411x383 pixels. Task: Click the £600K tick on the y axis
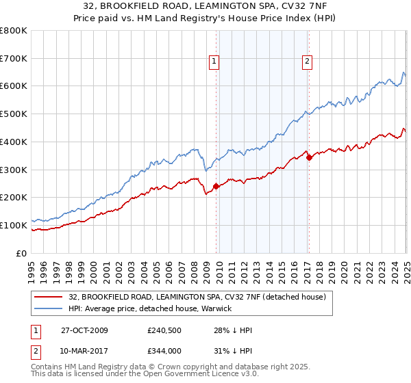coord(14,86)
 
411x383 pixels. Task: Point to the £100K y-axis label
coord(14,225)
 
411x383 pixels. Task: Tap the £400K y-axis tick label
coord(14,142)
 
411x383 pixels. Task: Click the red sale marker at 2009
coord(216,185)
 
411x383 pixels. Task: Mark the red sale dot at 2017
coord(309,157)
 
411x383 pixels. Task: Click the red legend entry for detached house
coord(201,297)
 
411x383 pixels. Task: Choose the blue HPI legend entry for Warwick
coord(150,308)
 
